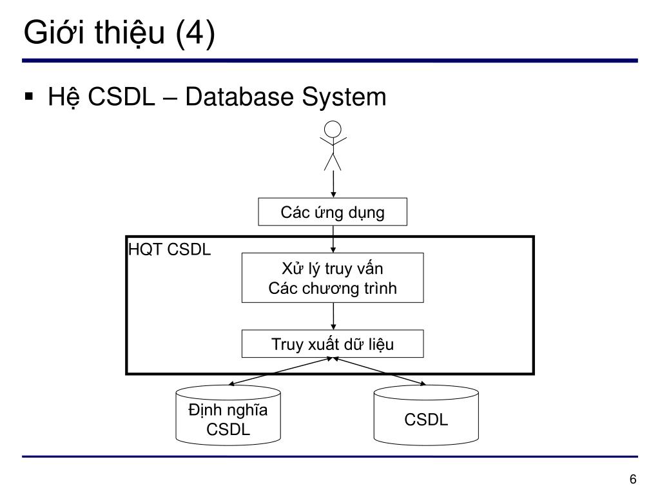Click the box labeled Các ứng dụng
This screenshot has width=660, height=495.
(x=333, y=211)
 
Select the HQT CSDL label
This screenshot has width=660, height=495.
(x=170, y=249)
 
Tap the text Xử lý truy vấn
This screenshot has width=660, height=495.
(x=333, y=269)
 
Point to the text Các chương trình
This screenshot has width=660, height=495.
(x=333, y=288)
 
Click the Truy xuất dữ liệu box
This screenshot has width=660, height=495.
(x=333, y=344)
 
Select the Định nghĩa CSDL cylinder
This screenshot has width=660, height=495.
(x=228, y=415)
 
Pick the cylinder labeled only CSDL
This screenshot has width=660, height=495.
(x=426, y=415)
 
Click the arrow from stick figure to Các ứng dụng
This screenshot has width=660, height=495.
(x=333, y=184)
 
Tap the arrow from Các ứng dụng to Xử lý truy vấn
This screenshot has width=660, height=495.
(x=333, y=239)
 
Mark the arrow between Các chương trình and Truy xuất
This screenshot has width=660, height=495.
(x=333, y=316)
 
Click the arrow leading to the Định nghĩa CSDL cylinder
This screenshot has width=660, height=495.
(x=280, y=371)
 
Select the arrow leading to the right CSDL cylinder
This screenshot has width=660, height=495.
(x=380, y=371)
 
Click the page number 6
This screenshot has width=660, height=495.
(x=633, y=479)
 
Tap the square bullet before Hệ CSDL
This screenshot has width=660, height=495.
(x=28, y=97)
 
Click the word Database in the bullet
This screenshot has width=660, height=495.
(x=239, y=97)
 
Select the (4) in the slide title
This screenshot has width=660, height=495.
(x=195, y=34)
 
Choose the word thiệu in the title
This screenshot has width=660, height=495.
(x=129, y=34)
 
